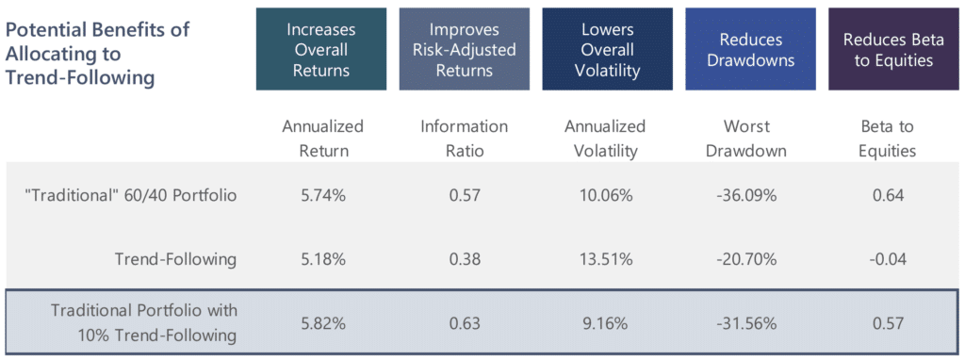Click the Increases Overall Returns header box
[x=320, y=49]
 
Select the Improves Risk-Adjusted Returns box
[x=464, y=49]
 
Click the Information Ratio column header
[x=464, y=137]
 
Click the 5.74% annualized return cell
[x=323, y=196]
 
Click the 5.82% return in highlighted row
[x=323, y=323]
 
